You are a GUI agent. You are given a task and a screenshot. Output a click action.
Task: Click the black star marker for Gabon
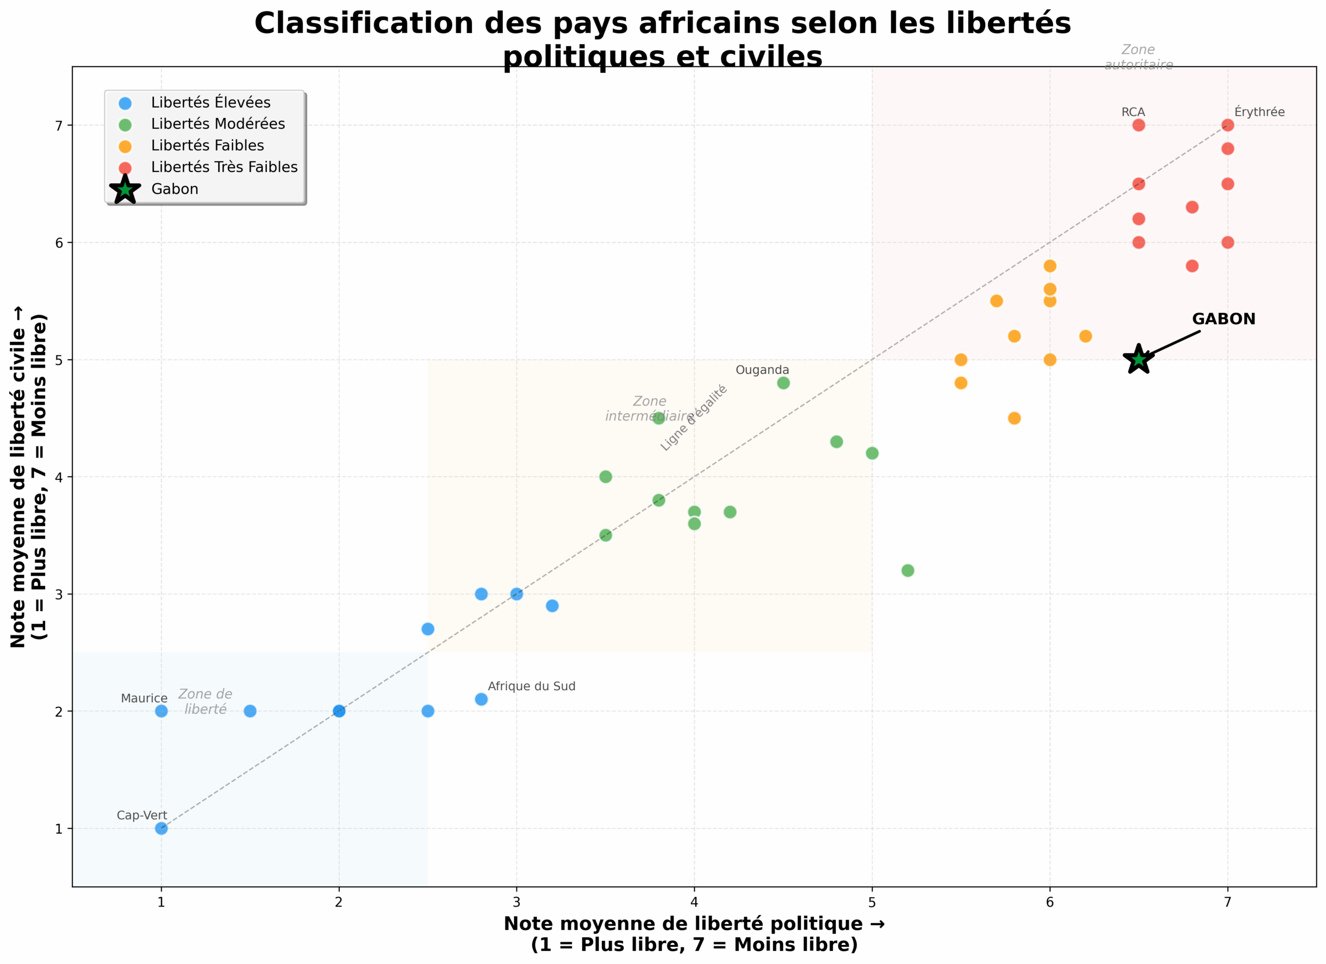pyautogui.click(x=1138, y=359)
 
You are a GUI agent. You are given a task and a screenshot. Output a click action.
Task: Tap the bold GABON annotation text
pyautogui.click(x=1223, y=319)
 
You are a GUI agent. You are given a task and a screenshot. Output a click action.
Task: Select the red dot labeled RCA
pyautogui.click(x=1138, y=125)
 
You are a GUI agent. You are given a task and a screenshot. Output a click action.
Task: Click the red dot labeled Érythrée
pyautogui.click(x=1227, y=125)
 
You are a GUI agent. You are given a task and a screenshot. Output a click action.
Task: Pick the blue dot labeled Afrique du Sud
pyautogui.click(x=481, y=699)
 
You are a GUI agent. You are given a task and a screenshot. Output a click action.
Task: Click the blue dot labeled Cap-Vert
pyautogui.click(x=162, y=828)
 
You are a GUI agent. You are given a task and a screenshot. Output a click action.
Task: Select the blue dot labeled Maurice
pyautogui.click(x=162, y=711)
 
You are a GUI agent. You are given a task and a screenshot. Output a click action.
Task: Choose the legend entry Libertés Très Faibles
pyautogui.click(x=224, y=168)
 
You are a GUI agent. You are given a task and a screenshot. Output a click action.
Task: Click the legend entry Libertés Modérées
pyautogui.click(x=218, y=124)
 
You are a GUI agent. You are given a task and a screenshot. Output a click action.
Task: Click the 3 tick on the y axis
pyautogui.click(x=59, y=594)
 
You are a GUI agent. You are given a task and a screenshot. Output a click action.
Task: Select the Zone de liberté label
pyautogui.click(x=205, y=701)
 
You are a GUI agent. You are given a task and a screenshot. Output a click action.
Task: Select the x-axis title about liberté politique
pyautogui.click(x=694, y=933)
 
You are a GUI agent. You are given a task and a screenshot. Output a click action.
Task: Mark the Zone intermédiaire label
pyautogui.click(x=649, y=408)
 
